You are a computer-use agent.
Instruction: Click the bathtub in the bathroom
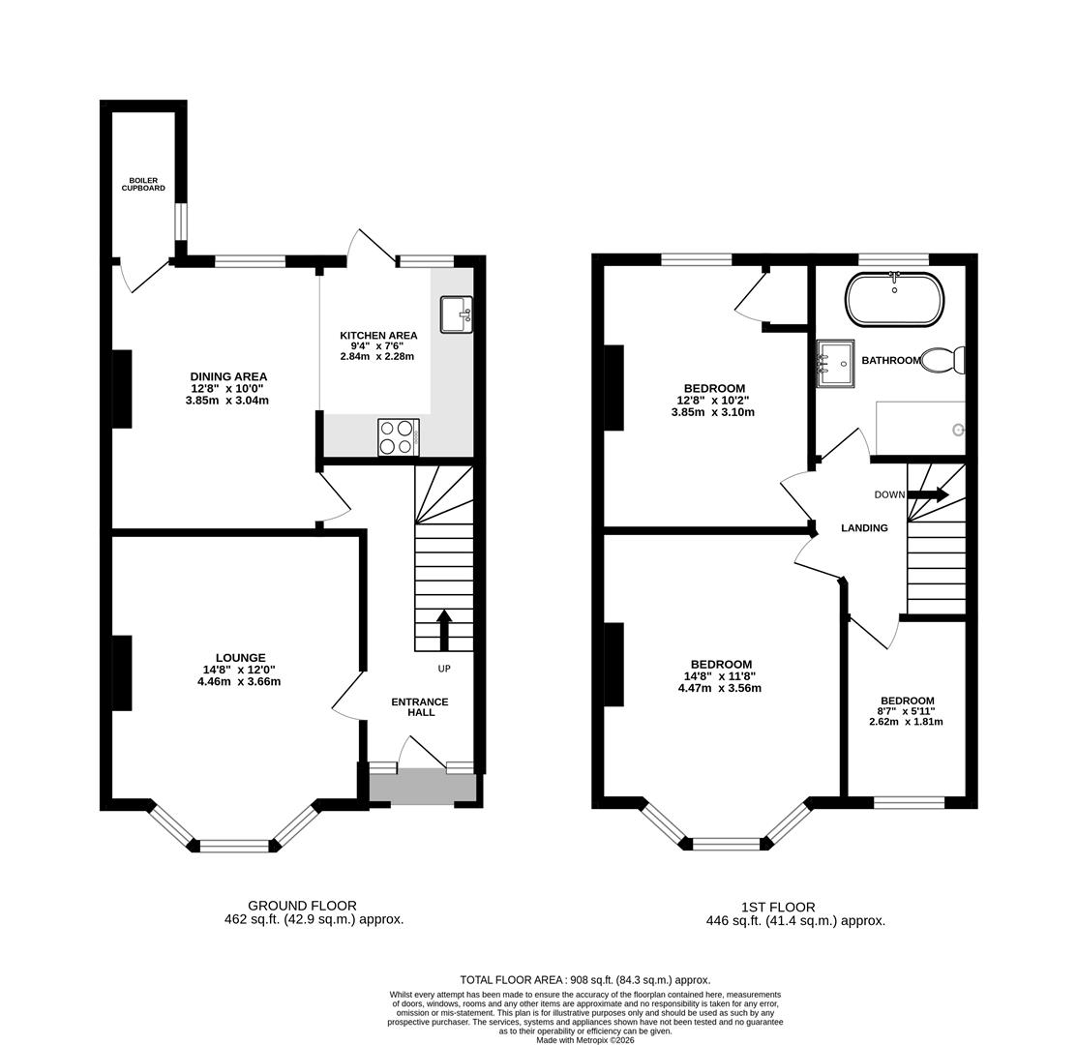pyautogui.click(x=894, y=299)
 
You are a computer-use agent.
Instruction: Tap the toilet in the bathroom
pyautogui.click(x=942, y=361)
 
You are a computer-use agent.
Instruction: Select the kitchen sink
pyautogui.click(x=456, y=314)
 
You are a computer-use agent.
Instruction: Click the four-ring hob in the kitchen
pyautogui.click(x=399, y=436)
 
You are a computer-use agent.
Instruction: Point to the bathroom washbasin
pyautogui.click(x=835, y=364)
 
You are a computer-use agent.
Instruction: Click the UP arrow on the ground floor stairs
pyautogui.click(x=444, y=630)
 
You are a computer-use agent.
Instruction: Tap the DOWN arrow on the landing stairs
pyautogui.click(x=928, y=494)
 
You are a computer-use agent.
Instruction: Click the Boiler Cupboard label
pyautogui.click(x=143, y=184)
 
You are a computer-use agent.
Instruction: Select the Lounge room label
pyautogui.click(x=240, y=658)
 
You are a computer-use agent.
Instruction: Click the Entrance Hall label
pyautogui.click(x=420, y=707)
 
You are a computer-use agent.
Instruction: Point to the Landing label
pyautogui.click(x=865, y=528)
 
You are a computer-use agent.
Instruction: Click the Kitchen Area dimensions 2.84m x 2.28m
pyautogui.click(x=377, y=356)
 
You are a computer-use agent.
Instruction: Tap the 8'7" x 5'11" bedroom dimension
pyautogui.click(x=907, y=711)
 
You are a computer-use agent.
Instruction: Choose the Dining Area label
pyautogui.click(x=228, y=376)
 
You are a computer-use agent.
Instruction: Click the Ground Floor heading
pyautogui.click(x=302, y=906)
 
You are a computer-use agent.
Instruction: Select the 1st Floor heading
pyautogui.click(x=778, y=907)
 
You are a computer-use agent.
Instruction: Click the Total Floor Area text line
pyautogui.click(x=585, y=980)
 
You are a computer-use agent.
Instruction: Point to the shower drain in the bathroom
pyautogui.click(x=958, y=430)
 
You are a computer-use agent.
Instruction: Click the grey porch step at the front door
pyautogui.click(x=423, y=786)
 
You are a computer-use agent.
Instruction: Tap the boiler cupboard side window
pyautogui.click(x=180, y=221)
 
